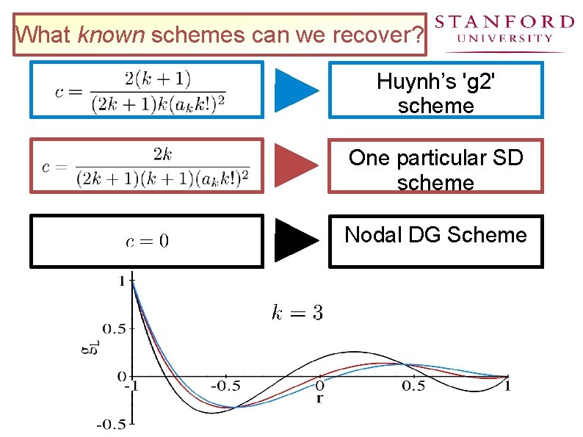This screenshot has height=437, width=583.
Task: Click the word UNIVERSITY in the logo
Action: pos(504,38)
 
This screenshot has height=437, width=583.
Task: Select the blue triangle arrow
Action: pos(297,90)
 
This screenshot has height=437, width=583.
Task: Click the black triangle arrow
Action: pos(297,240)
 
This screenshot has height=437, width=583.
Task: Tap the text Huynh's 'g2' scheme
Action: pos(435,93)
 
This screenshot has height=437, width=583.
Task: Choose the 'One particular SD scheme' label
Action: pos(435,169)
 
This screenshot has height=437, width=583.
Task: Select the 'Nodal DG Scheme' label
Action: pos(435,235)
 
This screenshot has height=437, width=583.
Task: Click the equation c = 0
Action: pos(147,240)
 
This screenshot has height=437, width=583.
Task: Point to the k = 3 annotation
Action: pos(297,313)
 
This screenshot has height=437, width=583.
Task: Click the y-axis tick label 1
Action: pos(121,279)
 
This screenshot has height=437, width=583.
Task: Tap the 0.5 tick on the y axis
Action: pos(115,328)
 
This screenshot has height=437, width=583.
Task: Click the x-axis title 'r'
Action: pos(319,399)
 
